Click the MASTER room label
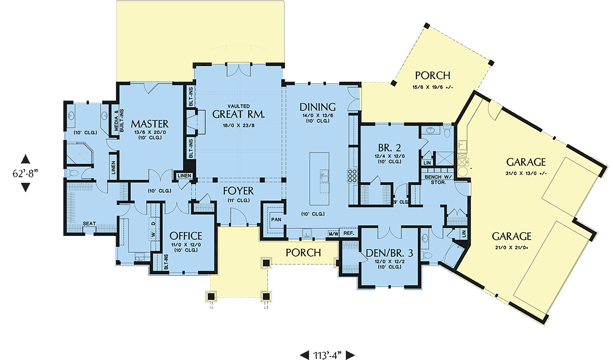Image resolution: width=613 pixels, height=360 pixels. tap(150, 124)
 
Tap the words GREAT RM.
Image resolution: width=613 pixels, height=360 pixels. tap(239, 114)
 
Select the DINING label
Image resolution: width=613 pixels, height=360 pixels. tap(317, 107)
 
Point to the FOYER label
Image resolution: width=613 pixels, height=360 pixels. tap(239, 190)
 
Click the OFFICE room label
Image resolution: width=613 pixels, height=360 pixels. tap(186, 236)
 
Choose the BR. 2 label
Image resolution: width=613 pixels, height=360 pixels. tap(389, 148)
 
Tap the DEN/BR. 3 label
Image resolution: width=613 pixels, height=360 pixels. tap(389, 253)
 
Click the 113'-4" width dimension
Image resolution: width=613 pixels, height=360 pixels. tap(327, 355)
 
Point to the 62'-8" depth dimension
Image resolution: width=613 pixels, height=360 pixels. tap(25, 173)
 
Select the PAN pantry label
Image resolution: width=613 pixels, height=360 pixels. tap(276, 220)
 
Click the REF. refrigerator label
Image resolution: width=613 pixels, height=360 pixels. tap(349, 233)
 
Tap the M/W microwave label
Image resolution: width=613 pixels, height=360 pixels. tap(334, 234)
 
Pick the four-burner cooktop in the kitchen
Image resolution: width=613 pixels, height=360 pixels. tap(352, 176)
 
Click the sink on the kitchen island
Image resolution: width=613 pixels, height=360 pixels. tap(324, 176)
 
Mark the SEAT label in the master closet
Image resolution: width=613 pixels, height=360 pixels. tap(89, 224)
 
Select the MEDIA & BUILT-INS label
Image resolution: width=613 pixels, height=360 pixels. tap(119, 121)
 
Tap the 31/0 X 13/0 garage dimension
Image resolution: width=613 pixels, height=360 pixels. tap(526, 174)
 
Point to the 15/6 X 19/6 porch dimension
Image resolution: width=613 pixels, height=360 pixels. tap(432, 87)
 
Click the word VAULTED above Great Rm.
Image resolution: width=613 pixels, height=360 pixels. tap(239, 106)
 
